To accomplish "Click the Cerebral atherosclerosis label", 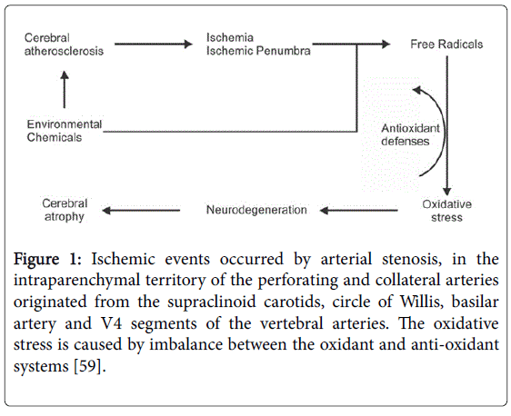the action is click(x=64, y=45).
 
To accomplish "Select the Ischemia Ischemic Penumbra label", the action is click(x=258, y=44).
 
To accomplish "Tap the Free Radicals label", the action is click(x=446, y=45).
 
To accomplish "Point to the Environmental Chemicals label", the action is click(x=65, y=131).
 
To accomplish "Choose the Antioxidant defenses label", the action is click(x=410, y=134).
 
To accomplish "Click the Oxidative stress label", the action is click(x=446, y=211).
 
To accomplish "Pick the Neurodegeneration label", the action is click(x=256, y=210).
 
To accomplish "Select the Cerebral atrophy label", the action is click(x=65, y=210).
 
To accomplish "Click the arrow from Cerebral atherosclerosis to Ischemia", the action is click(x=154, y=44).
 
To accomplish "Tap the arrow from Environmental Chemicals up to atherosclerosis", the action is click(x=65, y=90).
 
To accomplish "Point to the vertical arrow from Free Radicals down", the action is click(x=447, y=125).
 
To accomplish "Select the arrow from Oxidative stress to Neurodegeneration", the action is click(x=359, y=211).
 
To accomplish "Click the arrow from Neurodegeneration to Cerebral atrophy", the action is click(x=141, y=211).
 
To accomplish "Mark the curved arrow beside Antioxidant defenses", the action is click(x=445, y=130).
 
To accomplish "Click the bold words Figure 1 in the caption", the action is click(x=47, y=260).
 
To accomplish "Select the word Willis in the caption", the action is click(x=421, y=302).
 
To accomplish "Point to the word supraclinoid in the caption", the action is click(x=212, y=302).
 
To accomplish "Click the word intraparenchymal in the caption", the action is click(x=77, y=281).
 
